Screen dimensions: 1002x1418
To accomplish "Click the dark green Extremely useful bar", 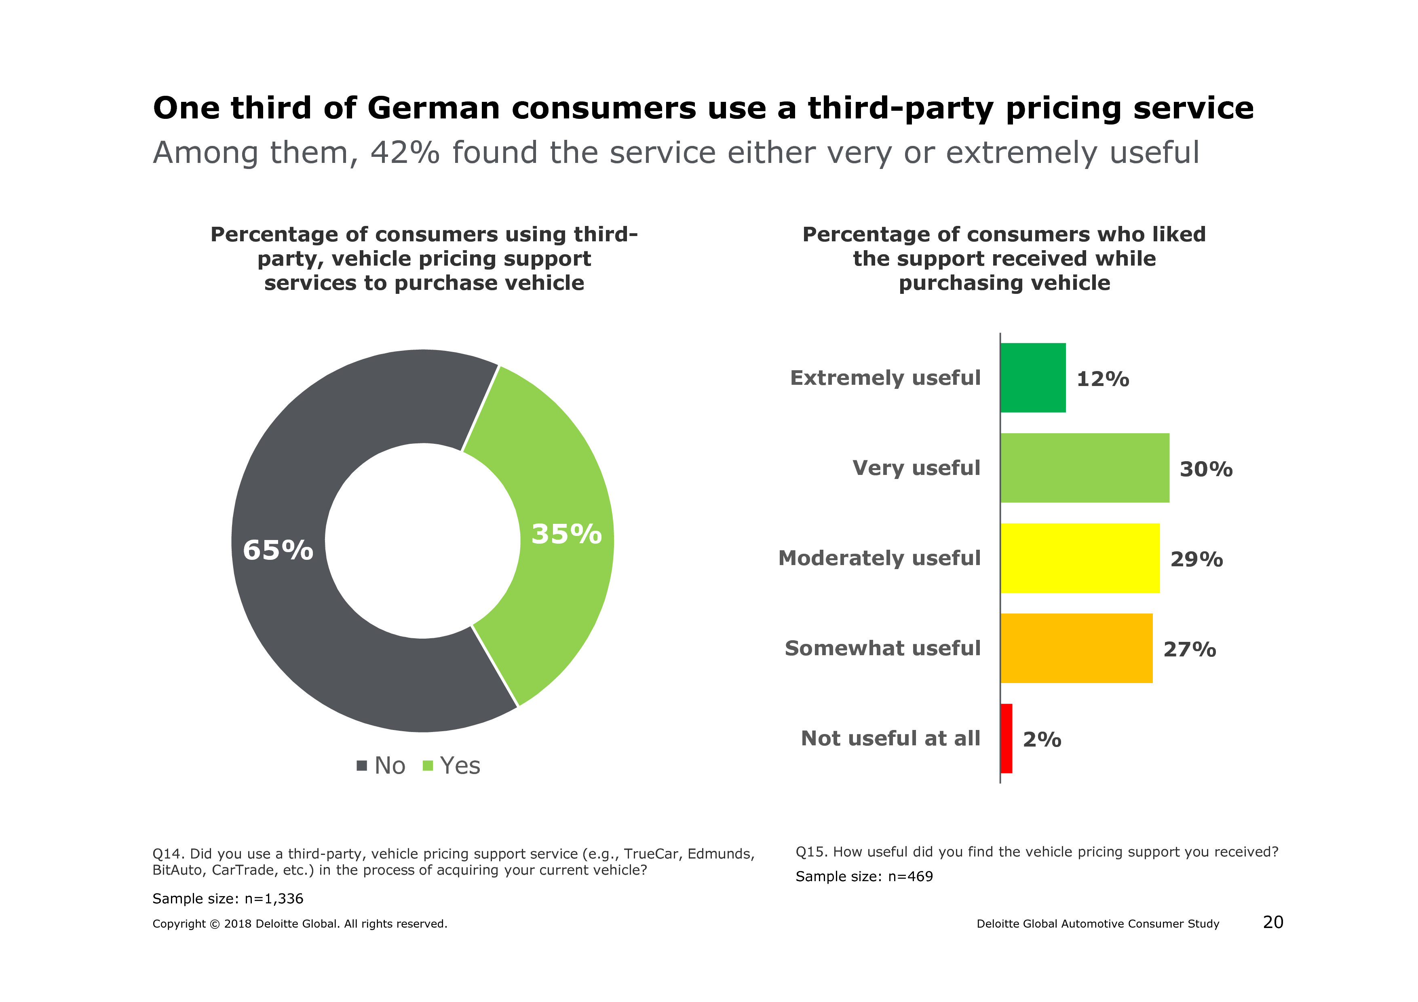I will coord(1033,378).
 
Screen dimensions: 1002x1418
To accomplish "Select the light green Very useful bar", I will coord(1085,468).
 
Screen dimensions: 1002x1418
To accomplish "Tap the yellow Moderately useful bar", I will coord(1080,558).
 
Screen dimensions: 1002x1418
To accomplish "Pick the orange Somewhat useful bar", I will coord(1076,648).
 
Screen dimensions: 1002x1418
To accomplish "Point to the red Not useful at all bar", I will coord(1007,738).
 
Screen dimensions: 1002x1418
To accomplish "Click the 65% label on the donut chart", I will coord(278,550).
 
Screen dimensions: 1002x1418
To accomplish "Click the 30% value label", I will coord(1205,469).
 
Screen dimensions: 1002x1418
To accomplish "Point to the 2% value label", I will coord(1042,740).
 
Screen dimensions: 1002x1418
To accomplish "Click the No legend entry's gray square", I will coord(362,766).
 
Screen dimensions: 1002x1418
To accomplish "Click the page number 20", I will coord(1273,922).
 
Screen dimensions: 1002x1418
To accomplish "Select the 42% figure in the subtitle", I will coord(405,153).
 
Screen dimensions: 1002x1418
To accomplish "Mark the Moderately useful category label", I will coord(879,558).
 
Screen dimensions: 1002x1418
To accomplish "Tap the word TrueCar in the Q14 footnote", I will coord(652,854).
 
